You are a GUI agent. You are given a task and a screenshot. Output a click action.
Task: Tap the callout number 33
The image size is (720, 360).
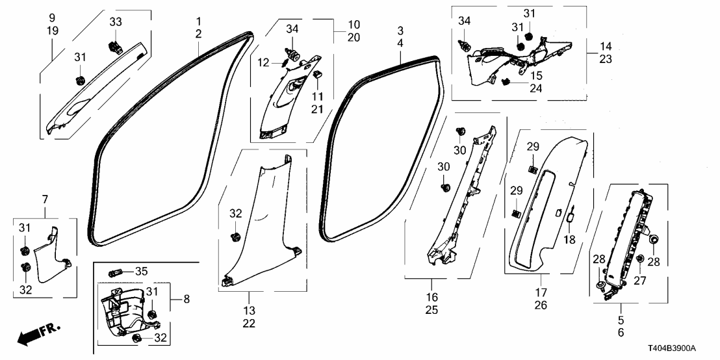[x=115, y=21]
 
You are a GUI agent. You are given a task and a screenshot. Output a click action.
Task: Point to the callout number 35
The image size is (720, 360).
[x=141, y=271]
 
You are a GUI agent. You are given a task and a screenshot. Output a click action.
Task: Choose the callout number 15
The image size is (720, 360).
[x=537, y=75]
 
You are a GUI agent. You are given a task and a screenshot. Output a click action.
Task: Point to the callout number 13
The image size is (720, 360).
[x=249, y=310]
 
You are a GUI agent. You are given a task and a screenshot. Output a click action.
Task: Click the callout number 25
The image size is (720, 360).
[x=432, y=311]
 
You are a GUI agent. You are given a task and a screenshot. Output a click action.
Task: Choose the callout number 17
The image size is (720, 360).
[x=541, y=292]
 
